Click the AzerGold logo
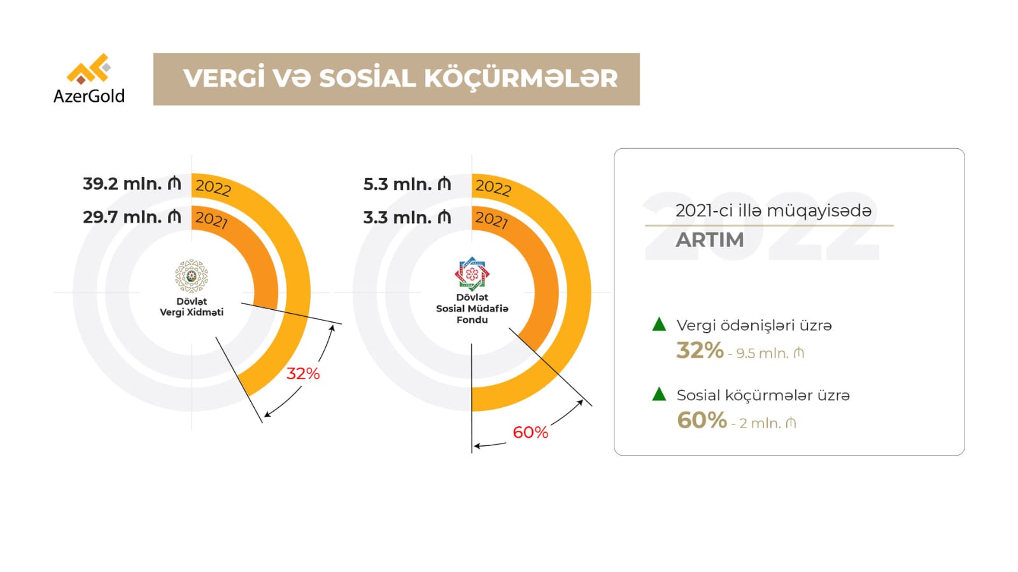[89, 78]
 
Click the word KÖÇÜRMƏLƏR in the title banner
[520, 79]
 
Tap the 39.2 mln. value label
[132, 184]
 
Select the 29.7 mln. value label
[132, 217]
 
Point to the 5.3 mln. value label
[407, 185]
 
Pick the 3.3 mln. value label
[407, 218]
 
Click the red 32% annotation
[302, 373]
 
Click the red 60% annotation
[530, 433]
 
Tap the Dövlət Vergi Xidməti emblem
[192, 276]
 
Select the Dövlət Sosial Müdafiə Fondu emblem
[472, 274]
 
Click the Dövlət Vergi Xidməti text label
[192, 307]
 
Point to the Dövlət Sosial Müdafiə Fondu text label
[472, 309]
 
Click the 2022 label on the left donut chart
[213, 187]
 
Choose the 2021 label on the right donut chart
[491, 220]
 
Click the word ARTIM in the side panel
[709, 240]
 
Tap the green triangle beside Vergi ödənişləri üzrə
[659, 324]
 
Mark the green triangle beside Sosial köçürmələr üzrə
[659, 394]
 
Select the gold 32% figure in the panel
[700, 351]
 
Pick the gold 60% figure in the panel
[702, 421]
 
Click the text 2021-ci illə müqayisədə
[773, 211]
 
